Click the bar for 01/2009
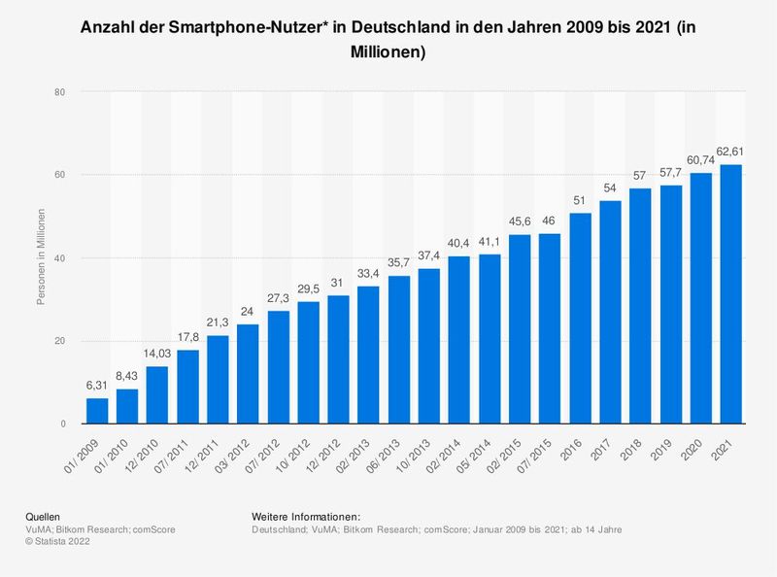click(x=97, y=411)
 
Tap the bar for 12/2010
click(x=157, y=395)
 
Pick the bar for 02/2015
click(x=520, y=329)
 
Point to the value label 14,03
click(x=157, y=354)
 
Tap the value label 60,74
click(x=700, y=159)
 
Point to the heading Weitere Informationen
click(x=306, y=515)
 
